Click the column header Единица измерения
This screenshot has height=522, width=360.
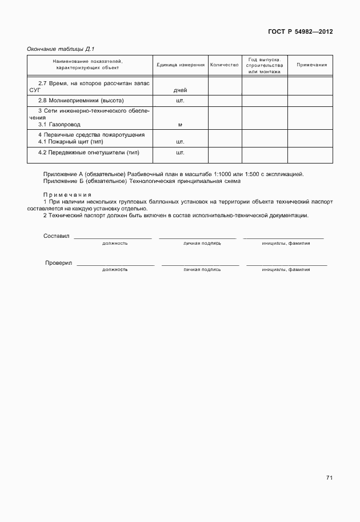(x=180, y=65)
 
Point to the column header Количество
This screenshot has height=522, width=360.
(x=224, y=65)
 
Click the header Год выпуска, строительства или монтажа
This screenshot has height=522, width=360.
(x=264, y=65)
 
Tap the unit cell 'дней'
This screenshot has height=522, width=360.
(x=180, y=90)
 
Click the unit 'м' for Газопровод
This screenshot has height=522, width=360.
(x=180, y=124)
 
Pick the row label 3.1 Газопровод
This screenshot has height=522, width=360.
(x=59, y=124)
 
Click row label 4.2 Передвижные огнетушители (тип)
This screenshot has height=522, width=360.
(x=89, y=153)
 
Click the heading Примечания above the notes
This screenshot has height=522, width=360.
(x=67, y=194)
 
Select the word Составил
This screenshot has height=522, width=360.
(x=56, y=236)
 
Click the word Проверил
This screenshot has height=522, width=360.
(x=58, y=263)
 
